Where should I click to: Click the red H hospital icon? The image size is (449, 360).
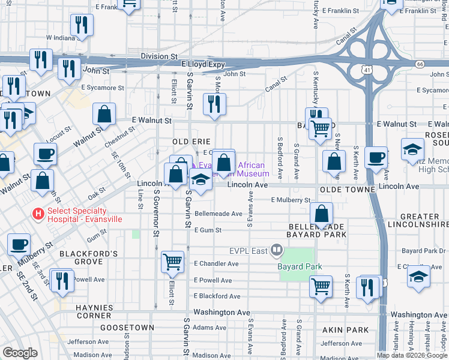38,213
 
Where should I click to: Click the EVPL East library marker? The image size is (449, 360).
276,248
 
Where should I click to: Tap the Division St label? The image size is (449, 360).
155,56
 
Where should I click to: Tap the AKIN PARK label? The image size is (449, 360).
345,330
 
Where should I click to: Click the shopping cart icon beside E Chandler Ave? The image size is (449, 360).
172,261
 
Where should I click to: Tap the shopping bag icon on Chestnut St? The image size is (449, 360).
104,114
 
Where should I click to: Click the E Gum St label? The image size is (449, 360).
207,230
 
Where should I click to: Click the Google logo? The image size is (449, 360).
19,353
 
